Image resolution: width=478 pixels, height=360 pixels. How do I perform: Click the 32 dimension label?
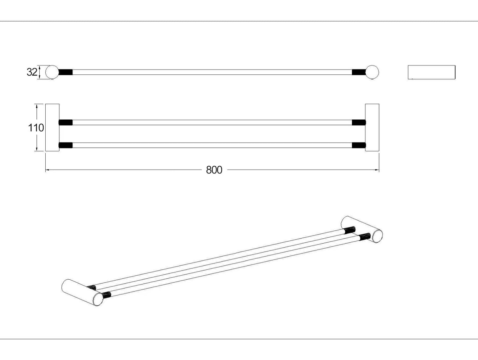coord(32,72)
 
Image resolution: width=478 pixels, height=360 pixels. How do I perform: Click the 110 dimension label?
coord(35,128)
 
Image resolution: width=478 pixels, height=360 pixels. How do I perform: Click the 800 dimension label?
coord(214,170)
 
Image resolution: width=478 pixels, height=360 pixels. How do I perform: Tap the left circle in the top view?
coord(52,72)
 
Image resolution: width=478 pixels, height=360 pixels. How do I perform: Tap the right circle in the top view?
coord(372,72)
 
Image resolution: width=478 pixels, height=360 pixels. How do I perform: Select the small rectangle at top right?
coord(431,72)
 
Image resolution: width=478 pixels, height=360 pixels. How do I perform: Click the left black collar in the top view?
coord(65,72)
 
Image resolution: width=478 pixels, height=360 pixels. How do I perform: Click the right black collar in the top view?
coord(359,72)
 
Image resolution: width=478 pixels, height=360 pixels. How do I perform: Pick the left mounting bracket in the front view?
coord(52,128)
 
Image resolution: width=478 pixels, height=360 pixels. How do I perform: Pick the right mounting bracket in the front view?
coord(372,128)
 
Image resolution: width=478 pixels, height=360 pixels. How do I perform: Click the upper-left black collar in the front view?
coord(65,122)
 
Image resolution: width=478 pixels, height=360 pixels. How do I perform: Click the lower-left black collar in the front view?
coord(65,145)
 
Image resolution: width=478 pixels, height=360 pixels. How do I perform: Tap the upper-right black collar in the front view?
coord(359,122)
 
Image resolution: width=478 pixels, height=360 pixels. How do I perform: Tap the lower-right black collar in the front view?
coord(359,145)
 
